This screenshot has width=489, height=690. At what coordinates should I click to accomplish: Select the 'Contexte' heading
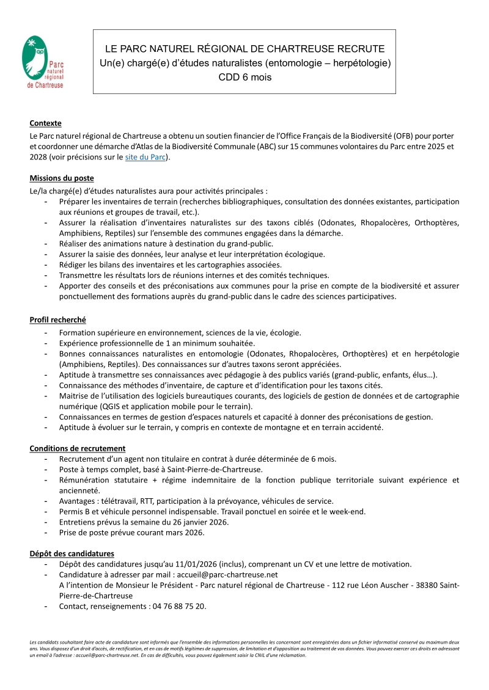point(45,123)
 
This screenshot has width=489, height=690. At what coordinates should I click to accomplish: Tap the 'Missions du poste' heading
point(62,178)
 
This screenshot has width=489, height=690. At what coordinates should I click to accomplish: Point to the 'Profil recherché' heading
point(57,319)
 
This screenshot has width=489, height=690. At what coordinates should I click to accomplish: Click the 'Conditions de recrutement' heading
point(78,448)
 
